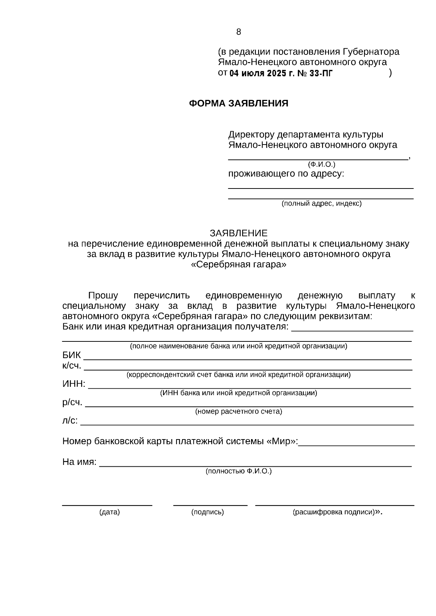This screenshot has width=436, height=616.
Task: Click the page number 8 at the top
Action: (x=238, y=32)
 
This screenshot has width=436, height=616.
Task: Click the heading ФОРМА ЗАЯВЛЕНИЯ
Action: (x=238, y=104)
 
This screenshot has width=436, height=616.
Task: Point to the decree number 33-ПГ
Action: (x=321, y=73)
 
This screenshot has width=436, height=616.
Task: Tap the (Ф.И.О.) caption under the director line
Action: (x=322, y=164)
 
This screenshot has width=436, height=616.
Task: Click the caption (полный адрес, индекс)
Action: (x=322, y=203)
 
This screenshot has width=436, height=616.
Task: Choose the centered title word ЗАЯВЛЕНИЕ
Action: (x=238, y=233)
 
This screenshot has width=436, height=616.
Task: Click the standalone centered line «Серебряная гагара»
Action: (x=238, y=264)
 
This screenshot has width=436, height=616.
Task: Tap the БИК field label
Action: (x=72, y=355)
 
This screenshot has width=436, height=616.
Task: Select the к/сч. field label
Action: (x=72, y=365)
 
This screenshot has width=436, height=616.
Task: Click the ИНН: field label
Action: (x=74, y=384)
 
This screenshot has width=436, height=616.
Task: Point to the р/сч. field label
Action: (x=72, y=402)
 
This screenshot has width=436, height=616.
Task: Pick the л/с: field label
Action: (x=70, y=421)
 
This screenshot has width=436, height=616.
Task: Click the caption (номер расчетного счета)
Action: (x=238, y=412)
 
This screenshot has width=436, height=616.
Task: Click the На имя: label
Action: (x=79, y=462)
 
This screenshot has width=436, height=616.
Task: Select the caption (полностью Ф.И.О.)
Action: (x=238, y=471)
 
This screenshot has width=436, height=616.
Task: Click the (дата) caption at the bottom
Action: (x=109, y=512)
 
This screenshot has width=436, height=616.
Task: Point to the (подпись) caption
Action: (x=207, y=512)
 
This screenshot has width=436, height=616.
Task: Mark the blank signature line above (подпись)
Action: (x=210, y=504)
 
